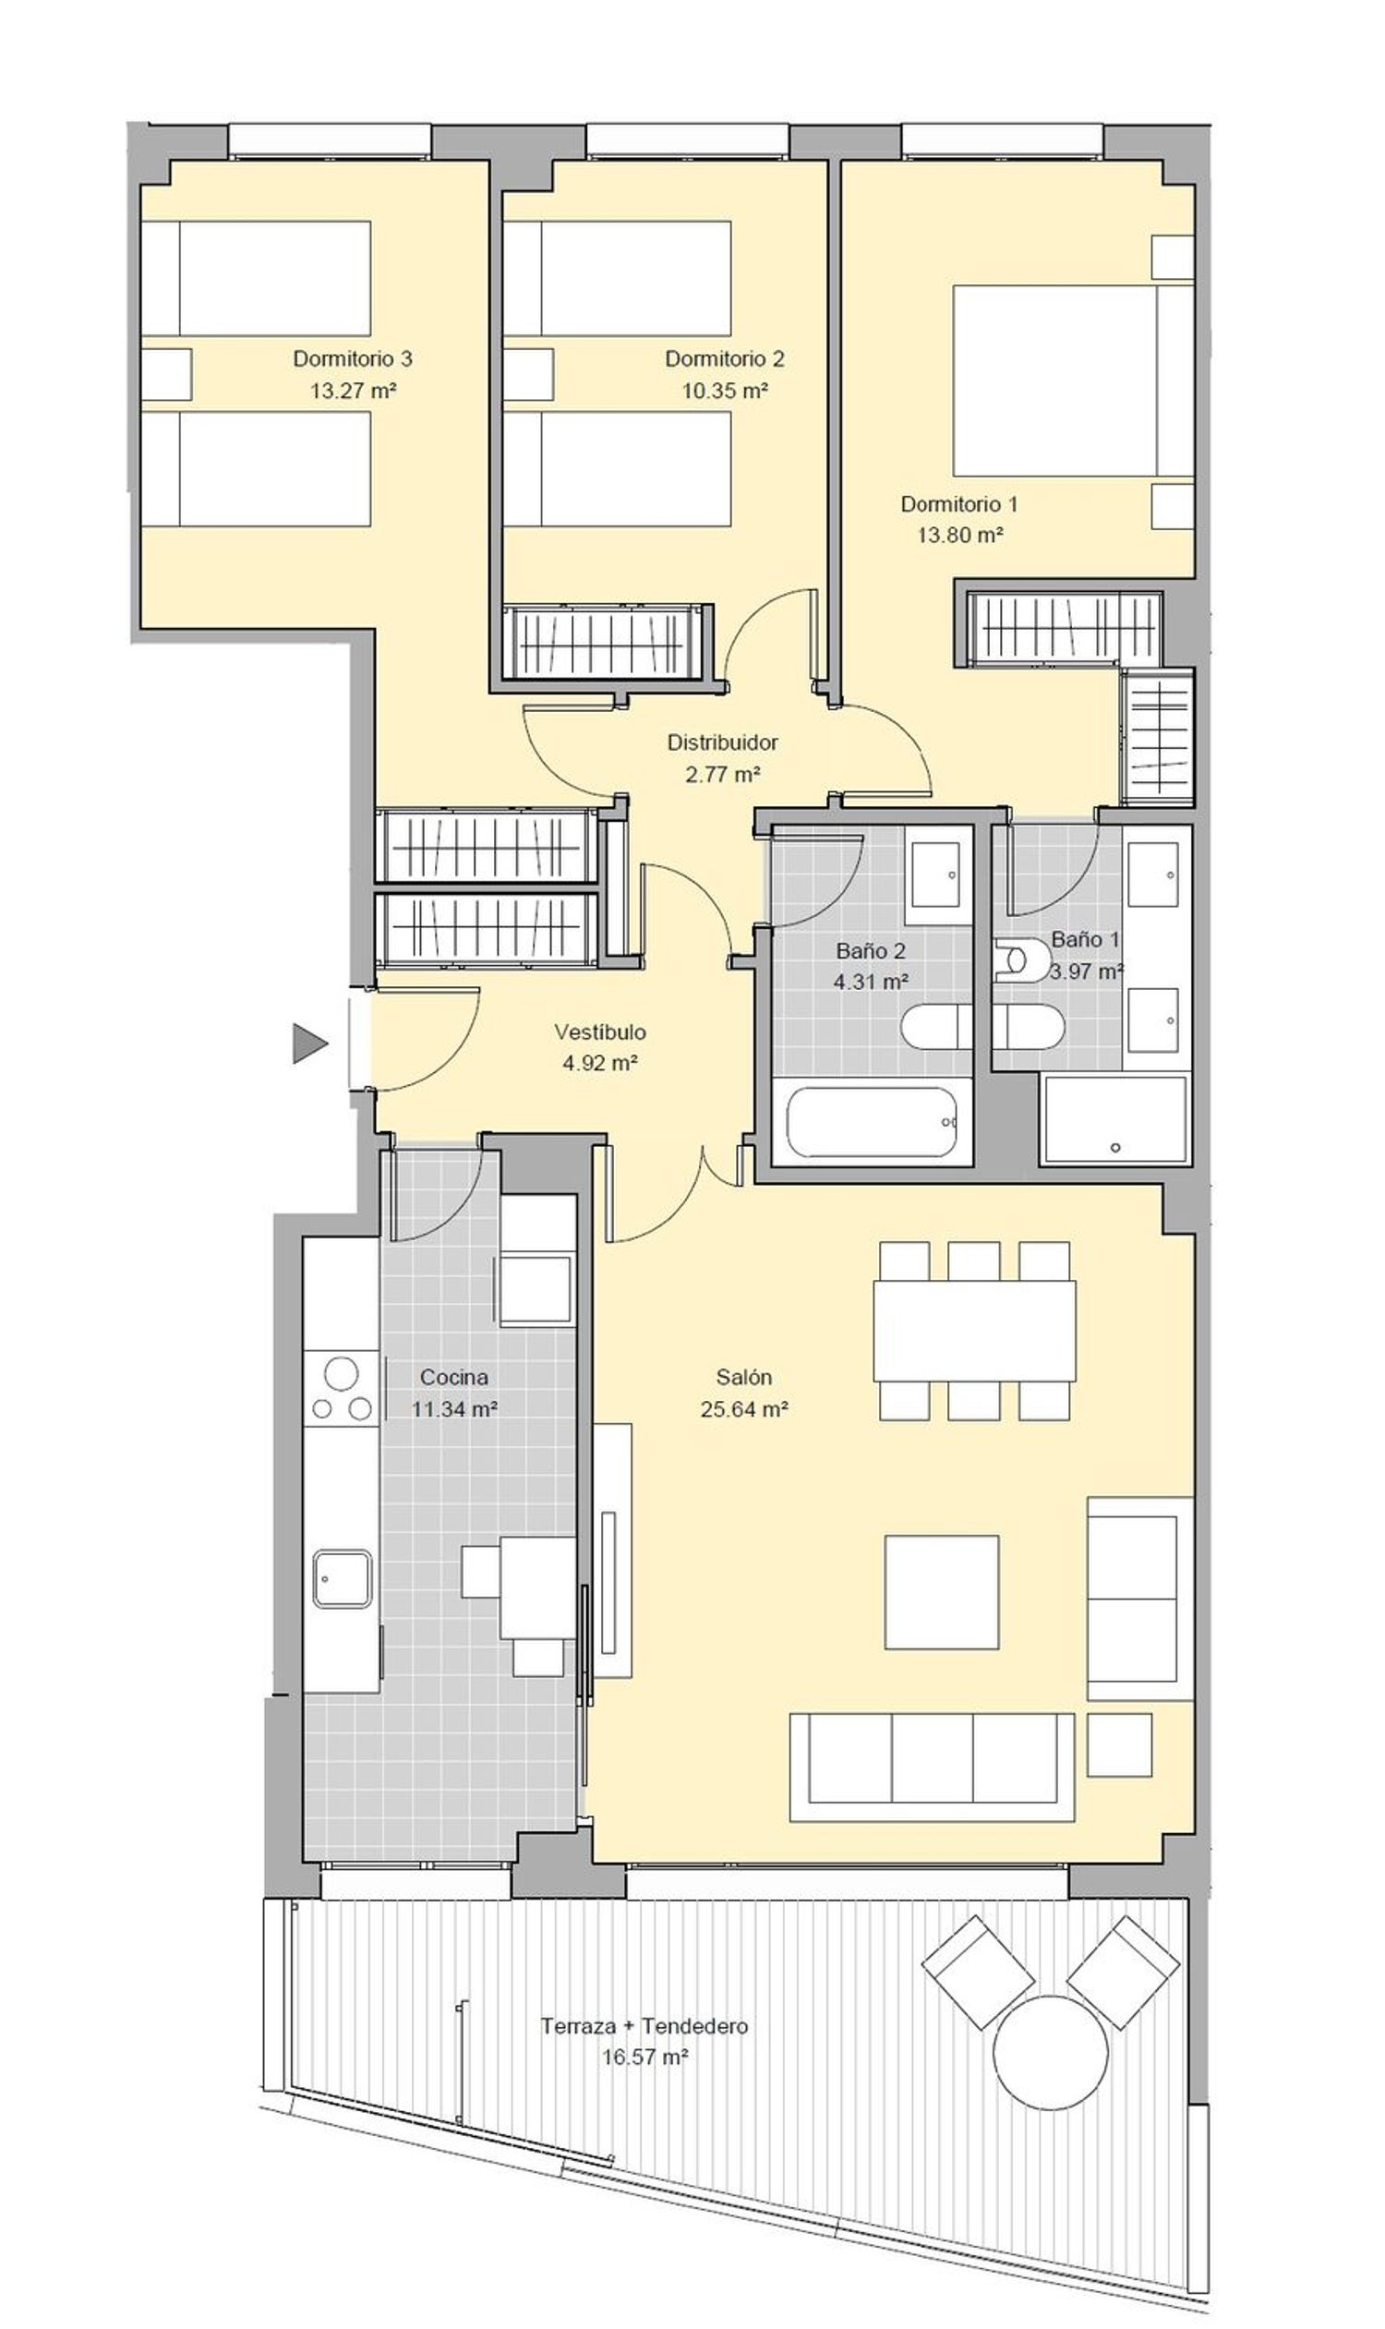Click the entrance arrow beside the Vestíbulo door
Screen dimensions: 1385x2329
(x=310, y=1043)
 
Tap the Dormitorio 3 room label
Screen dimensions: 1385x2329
(x=353, y=358)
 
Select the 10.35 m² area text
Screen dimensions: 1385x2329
(x=724, y=391)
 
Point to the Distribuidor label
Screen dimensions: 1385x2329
(x=722, y=742)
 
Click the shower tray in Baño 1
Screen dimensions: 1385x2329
(x=1116, y=1119)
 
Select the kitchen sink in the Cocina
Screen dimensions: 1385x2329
(x=343, y=1578)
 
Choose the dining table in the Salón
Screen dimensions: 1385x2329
(x=974, y=1330)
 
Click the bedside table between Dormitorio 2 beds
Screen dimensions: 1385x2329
(x=528, y=374)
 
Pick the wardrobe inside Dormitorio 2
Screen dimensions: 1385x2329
(x=603, y=642)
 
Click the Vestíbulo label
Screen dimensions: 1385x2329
(x=600, y=1032)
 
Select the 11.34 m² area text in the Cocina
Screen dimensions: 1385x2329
(x=454, y=1408)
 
